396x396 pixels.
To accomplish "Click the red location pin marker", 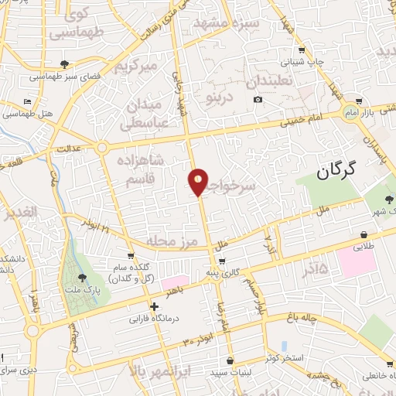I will (199, 183).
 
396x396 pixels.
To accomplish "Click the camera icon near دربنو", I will (258, 100).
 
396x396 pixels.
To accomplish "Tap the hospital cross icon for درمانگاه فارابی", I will (155, 306).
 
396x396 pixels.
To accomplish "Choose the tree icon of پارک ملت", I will (82, 277).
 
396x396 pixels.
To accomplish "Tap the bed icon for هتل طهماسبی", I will (28, 101).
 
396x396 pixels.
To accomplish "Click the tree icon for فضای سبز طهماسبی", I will (63, 65).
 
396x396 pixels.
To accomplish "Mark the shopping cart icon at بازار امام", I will (360, 102).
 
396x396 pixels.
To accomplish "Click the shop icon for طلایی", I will (364, 235).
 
